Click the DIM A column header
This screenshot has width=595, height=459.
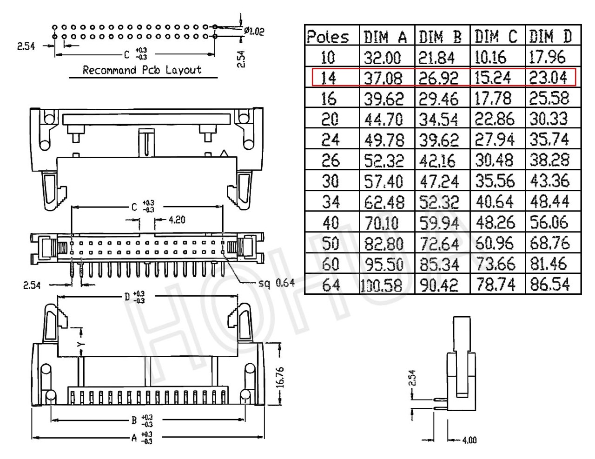[x=385, y=37]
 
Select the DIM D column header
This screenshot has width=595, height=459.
[x=550, y=36]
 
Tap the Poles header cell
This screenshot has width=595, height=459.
[x=328, y=37]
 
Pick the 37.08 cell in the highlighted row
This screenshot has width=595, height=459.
[x=383, y=78]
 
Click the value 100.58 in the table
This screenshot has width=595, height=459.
[x=381, y=285]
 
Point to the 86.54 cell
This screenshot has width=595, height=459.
[x=550, y=284]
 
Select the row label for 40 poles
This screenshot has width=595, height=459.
[x=331, y=222]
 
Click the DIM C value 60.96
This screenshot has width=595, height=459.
[x=495, y=243]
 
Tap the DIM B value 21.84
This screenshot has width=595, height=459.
[x=436, y=58]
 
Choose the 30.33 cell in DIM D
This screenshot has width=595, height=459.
[x=549, y=119]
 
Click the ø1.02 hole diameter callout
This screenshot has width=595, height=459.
[x=254, y=32]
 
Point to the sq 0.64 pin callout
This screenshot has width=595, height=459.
[x=277, y=283]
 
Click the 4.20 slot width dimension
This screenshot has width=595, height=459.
[x=177, y=220]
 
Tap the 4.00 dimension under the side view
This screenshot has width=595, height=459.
[x=469, y=440]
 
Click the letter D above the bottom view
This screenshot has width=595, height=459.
[x=127, y=297]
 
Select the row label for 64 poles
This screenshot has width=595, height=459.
[x=331, y=285]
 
